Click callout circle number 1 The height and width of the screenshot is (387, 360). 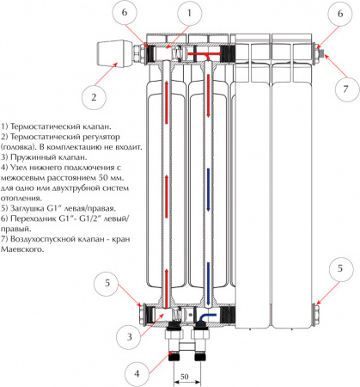189,13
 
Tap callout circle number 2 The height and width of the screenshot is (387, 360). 94,97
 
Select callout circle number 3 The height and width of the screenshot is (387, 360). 129,336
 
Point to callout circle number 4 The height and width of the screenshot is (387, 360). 137,374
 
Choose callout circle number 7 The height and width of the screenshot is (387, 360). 346,89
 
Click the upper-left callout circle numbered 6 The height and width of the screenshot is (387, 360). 125,13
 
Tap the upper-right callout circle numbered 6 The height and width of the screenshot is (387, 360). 340,14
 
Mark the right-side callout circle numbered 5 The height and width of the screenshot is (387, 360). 340,268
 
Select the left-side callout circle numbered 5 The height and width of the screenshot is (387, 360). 107,283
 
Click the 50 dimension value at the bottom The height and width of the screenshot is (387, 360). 185,376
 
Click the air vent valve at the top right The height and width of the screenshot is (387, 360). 321,52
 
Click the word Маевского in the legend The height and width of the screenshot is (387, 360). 22,249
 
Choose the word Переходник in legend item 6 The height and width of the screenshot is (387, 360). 34,218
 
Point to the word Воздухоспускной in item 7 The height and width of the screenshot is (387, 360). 43,239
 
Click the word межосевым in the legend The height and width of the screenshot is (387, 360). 23,178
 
